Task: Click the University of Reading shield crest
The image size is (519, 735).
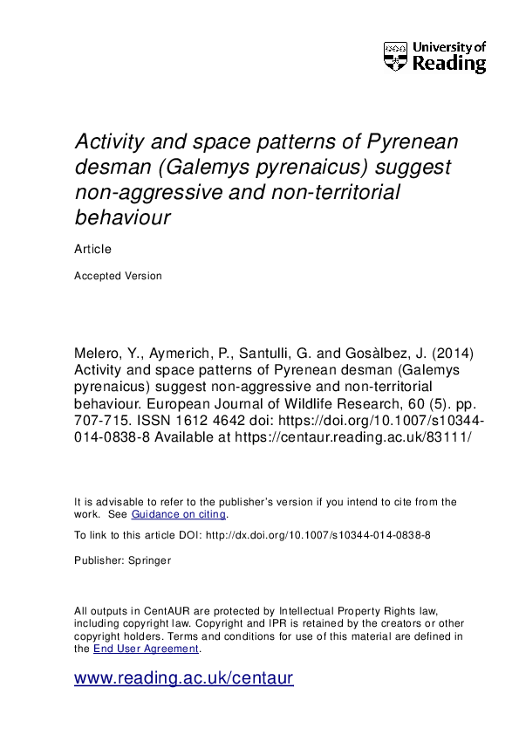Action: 395,56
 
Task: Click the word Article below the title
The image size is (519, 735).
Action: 93,249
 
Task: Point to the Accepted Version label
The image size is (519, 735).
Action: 119,276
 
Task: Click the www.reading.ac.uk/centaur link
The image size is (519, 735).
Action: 184,678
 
